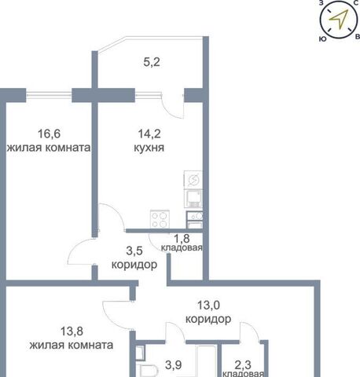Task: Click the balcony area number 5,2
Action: pos(152,62)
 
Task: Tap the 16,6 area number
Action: pos(49,134)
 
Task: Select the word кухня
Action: pos(149,148)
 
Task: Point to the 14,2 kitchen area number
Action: pos(149,134)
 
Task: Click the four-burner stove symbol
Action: pos(160,219)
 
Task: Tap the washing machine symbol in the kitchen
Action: pos(193,179)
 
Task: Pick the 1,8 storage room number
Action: pos(182,239)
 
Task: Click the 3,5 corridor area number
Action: pos(134,251)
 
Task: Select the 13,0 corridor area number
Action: pos(208,306)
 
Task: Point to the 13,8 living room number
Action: pos(72,331)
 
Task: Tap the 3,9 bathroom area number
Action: pos(174,364)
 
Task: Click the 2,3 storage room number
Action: pos(243,364)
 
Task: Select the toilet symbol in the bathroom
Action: pos(149,371)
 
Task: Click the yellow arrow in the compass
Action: pos(340,18)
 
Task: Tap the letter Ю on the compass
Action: pos(323,39)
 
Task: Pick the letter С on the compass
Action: pos(356,3)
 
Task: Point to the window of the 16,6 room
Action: pos(49,95)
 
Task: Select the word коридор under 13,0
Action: pos(208,319)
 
